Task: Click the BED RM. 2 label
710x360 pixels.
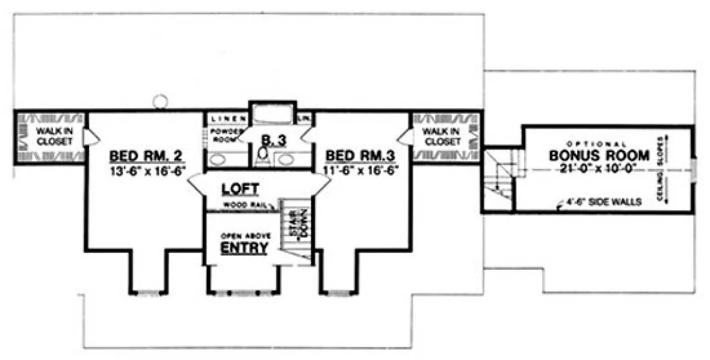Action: [x=147, y=156]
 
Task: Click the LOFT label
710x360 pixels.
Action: [x=240, y=189]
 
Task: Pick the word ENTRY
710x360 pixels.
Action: [x=244, y=247]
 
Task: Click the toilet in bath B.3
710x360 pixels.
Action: [x=262, y=156]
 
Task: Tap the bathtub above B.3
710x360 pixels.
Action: [x=272, y=114]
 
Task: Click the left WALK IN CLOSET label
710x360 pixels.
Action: [x=53, y=136]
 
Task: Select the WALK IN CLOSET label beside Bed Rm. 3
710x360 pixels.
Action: [x=441, y=136]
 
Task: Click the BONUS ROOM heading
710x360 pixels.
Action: [x=599, y=155]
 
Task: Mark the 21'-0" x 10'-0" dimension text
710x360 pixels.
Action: [x=599, y=169]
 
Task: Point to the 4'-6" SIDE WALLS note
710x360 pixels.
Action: [x=599, y=202]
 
